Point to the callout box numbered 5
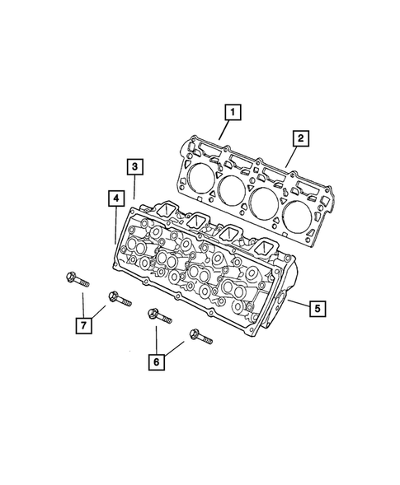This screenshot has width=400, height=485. click(318, 309)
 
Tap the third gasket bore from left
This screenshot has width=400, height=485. click(266, 201)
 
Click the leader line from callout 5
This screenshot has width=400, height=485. click(299, 306)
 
